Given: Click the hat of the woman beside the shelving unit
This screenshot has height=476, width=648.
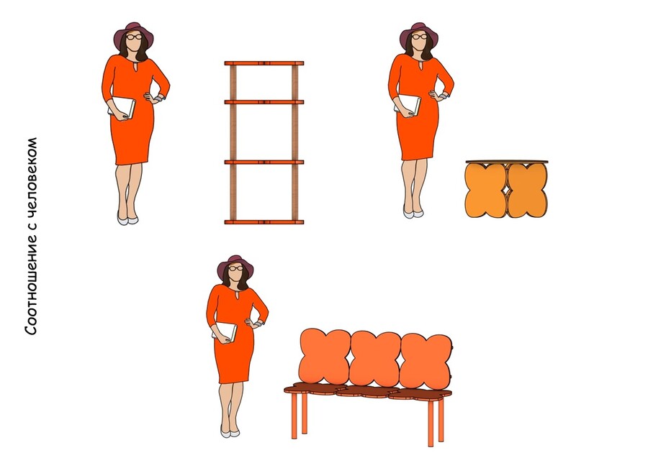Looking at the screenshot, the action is pos(133,32).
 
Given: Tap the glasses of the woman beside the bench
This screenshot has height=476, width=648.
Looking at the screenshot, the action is pos(236,268).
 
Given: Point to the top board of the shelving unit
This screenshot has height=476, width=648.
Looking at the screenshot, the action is pos(264,63).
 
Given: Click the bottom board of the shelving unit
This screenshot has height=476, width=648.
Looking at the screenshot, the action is pos(264,222).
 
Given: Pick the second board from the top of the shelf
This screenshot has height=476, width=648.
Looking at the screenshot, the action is pos(264,102).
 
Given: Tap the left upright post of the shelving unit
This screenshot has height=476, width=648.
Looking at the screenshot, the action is pos(233,142).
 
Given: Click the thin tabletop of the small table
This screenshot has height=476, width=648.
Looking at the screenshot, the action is pos(507,162).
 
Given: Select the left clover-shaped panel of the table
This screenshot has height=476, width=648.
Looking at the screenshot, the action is pos(485,190).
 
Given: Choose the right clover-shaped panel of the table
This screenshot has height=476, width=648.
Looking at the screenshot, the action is pos(527,190).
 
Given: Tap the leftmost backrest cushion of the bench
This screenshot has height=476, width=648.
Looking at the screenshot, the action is pos(325,357).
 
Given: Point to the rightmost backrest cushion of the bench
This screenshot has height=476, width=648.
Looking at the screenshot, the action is pos(426,362).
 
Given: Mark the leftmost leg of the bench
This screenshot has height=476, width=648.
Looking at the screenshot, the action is pos(294,416).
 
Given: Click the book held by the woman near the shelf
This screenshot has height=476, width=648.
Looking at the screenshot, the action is pos(122,108).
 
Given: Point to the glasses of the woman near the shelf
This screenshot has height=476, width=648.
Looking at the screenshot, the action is pos(134,37).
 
